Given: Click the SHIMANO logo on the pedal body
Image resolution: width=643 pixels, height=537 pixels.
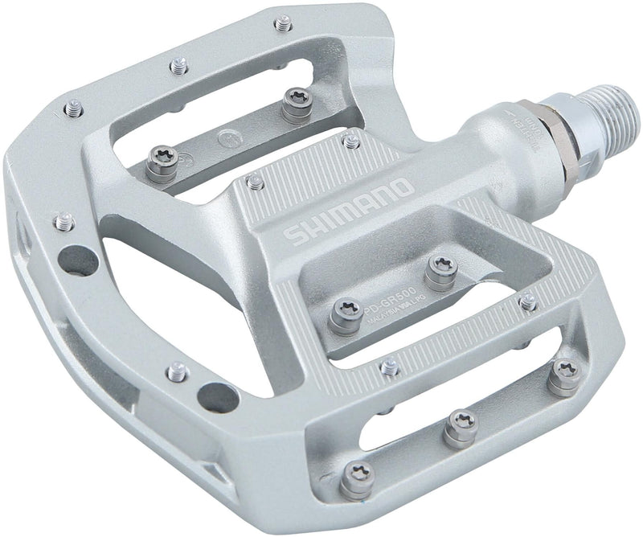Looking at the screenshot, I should click(x=350, y=214).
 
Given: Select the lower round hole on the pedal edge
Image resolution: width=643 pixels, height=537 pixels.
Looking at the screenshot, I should click(x=215, y=396).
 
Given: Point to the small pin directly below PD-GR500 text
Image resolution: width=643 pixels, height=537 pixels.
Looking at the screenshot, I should click(x=390, y=366).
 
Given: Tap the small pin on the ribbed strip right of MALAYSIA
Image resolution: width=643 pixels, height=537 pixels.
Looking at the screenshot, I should click(x=527, y=302).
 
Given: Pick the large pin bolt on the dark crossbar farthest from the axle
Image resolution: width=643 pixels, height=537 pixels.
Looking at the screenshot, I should click(x=165, y=162).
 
